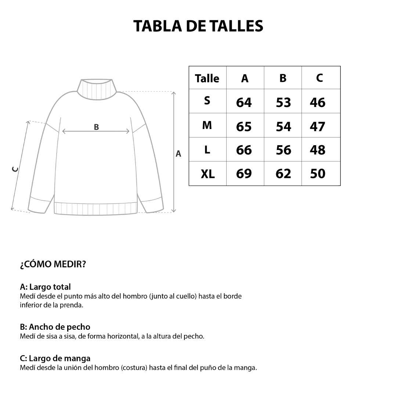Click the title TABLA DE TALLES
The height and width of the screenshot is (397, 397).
point(198,26)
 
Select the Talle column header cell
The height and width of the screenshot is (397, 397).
point(207,78)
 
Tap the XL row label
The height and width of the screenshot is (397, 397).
point(207,174)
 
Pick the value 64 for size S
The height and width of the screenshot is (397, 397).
point(244,103)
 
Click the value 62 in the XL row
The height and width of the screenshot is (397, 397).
point(283,174)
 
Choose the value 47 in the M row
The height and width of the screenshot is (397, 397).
point(317,126)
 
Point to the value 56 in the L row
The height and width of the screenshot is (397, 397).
point(283,150)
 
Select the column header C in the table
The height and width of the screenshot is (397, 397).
point(320,78)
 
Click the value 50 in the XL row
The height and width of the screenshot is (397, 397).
point(317,174)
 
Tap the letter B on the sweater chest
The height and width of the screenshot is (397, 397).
point(96,127)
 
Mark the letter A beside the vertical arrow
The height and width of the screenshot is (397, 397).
point(178,154)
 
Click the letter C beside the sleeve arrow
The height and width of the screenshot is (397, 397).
point(15,169)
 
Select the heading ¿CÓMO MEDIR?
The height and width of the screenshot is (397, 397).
point(53,264)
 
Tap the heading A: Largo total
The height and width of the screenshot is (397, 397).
point(45,287)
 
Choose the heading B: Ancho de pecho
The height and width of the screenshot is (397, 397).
point(55,327)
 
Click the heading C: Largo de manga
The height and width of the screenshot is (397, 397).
point(55,358)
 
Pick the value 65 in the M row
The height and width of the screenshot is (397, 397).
point(244,126)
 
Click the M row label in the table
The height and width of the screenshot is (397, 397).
point(207,126)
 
